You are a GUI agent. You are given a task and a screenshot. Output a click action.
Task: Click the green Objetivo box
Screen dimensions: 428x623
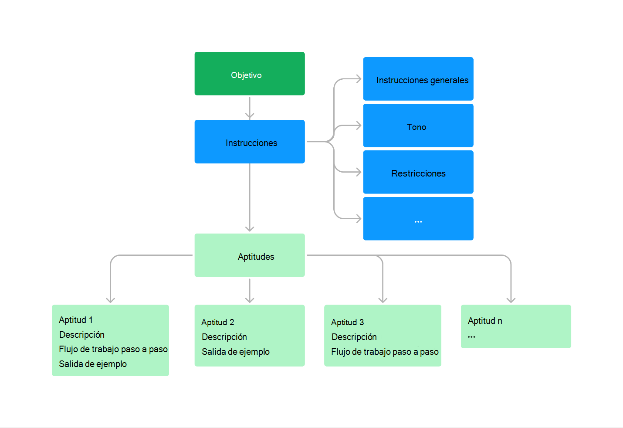coord(249,74)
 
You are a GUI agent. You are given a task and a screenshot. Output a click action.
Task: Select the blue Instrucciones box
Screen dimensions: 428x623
coord(249,142)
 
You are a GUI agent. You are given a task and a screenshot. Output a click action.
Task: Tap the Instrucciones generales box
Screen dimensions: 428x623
coord(418,79)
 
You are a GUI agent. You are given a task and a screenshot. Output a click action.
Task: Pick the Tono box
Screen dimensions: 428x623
coord(418,126)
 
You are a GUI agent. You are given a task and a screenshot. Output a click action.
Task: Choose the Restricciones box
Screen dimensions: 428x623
coord(418,172)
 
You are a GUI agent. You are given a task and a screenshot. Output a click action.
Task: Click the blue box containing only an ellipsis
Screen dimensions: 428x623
coord(418,219)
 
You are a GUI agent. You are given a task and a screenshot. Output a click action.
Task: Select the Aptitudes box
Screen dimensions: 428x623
coord(249,255)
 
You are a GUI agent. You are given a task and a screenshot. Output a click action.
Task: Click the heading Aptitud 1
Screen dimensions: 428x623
coord(76,320)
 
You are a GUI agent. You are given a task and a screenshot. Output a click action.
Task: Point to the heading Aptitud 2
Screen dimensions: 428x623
coord(218,323)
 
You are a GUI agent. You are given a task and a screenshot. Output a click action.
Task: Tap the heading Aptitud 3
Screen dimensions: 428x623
coord(347,323)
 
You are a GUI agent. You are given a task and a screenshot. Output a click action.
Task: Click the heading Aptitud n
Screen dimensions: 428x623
coord(485,321)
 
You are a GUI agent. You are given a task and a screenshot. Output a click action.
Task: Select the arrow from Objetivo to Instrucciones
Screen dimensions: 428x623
coord(250,108)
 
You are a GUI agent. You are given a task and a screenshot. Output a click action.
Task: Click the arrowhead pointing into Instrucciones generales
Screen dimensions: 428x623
coord(359,79)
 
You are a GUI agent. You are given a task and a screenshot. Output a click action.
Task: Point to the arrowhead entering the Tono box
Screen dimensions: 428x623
coord(359,126)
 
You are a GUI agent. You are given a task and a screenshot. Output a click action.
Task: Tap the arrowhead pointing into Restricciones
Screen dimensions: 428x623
coord(359,172)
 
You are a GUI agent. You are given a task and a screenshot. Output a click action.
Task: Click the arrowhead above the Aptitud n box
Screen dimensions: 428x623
coord(511,299)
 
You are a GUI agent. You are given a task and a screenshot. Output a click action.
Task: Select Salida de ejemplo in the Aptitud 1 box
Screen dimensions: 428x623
coord(93,364)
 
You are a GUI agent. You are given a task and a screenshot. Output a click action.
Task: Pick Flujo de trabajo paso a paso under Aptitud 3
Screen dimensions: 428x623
coord(385,352)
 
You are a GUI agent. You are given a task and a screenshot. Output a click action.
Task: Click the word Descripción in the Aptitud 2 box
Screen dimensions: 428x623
coord(224,337)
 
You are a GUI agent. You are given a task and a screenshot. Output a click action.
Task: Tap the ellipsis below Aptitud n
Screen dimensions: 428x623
coord(471,337)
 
